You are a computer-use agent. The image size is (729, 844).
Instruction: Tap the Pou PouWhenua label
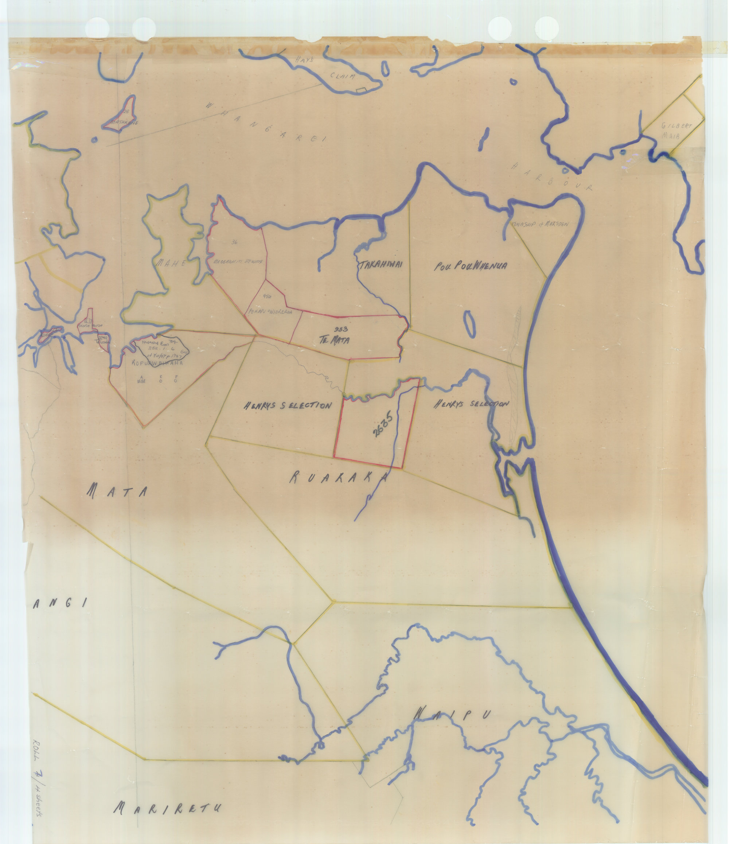coord(471,266)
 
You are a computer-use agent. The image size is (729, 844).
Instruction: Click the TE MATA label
coord(335,340)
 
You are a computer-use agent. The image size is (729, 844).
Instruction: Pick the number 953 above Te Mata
coord(340,329)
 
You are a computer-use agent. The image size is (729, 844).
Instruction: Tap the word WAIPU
coord(453,715)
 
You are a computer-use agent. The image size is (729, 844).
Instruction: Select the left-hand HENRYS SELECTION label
coord(288,406)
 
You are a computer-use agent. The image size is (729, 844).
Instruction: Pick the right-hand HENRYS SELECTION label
coord(471,404)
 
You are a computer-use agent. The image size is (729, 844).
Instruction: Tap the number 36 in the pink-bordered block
coord(234,242)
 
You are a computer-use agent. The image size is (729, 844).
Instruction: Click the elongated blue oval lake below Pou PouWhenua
coord(469,324)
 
